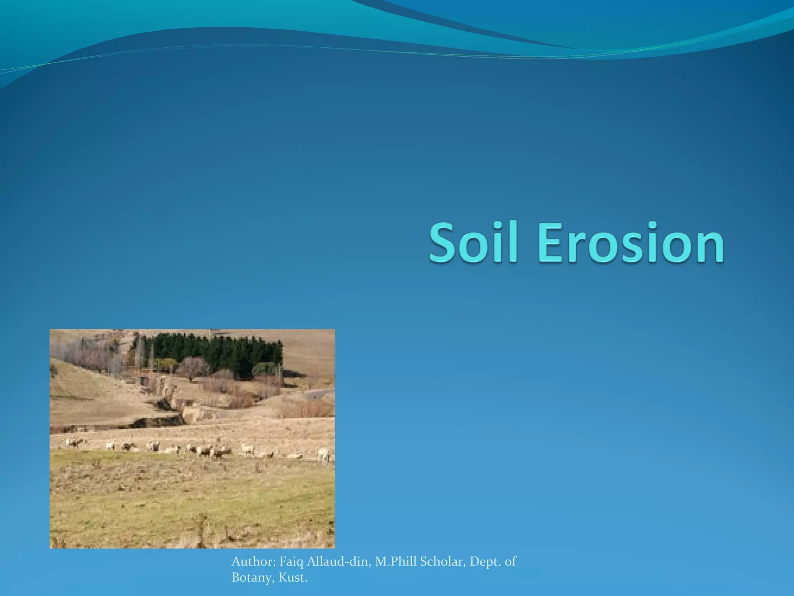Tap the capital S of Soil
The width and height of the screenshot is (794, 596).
coord(444,243)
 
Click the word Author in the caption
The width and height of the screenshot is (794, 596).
coord(253,561)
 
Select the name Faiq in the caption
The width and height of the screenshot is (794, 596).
coord(291,562)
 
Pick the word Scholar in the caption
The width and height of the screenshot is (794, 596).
coord(442,561)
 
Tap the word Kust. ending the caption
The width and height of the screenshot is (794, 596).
coord(293,577)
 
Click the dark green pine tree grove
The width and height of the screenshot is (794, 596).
coord(217,351)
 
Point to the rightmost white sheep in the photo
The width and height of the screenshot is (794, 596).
coord(324,454)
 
